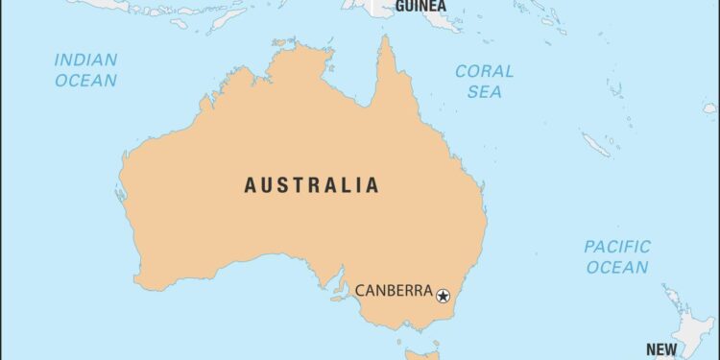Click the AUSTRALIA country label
tap(311, 185)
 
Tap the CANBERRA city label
tap(394, 291)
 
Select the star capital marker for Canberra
tap(444, 295)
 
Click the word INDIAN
tap(85, 60)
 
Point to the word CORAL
tap(484, 71)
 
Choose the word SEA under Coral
tap(484, 91)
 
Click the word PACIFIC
tap(617, 247)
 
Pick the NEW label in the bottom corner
tap(660, 349)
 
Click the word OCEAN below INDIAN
tap(85, 81)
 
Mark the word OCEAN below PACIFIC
tap(617, 268)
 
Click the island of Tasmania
tap(419, 354)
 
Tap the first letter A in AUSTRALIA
tap(251, 185)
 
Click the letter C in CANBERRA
tap(360, 291)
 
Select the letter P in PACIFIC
tap(589, 247)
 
